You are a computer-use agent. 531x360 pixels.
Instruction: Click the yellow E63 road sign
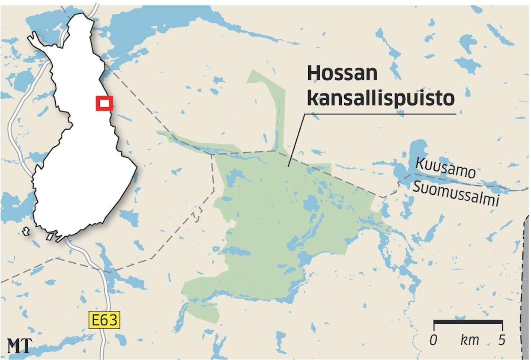tap(103, 320)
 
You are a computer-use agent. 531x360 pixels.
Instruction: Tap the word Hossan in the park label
tap(342, 74)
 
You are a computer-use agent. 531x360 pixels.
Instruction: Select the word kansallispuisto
tap(381, 98)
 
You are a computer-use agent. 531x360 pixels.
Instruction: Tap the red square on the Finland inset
tap(104, 103)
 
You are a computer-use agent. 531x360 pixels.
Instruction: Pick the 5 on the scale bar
tap(501, 340)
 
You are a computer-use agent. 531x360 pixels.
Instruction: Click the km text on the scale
tap(469, 341)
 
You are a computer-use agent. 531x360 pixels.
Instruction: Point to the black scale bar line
tap(468, 321)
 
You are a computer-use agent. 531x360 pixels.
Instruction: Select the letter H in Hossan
tap(314, 74)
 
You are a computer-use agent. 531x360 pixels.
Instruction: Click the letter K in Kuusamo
tap(420, 163)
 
